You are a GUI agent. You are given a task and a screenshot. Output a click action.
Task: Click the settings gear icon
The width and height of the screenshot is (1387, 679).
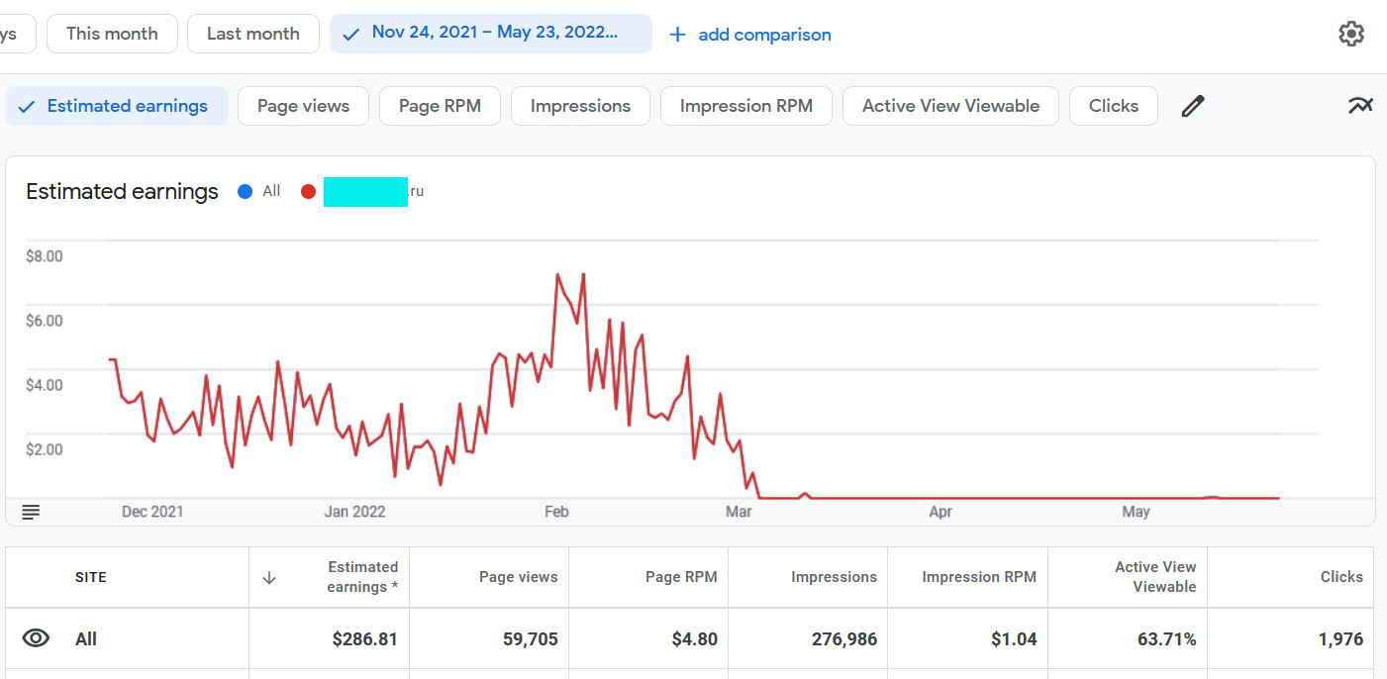tap(1351, 34)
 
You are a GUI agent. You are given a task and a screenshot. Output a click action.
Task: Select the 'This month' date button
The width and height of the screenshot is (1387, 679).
tap(112, 34)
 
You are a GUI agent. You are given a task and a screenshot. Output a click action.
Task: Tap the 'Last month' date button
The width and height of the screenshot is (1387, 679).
tap(252, 34)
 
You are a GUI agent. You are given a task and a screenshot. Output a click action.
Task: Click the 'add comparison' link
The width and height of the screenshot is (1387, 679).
tap(750, 35)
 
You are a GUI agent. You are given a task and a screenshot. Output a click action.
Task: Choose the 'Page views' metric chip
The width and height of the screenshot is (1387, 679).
tap(303, 106)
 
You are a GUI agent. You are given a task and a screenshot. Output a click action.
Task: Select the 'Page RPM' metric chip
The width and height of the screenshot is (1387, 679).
tap(440, 106)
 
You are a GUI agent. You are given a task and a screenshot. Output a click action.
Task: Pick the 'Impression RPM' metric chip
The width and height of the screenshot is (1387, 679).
tap(745, 106)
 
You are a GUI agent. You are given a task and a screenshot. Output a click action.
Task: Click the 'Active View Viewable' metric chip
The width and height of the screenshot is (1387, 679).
tap(950, 106)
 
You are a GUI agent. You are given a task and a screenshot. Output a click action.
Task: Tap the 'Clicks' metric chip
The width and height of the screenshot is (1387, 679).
tap(1113, 106)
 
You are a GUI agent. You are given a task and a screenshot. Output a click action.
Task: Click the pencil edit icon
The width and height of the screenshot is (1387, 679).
tap(1193, 106)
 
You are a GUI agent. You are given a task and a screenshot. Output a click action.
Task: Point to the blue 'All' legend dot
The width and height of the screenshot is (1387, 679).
tap(246, 191)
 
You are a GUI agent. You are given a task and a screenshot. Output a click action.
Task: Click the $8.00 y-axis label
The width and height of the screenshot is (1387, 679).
tap(45, 256)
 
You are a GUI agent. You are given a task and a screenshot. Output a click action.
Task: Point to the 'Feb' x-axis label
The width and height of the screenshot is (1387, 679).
tap(556, 512)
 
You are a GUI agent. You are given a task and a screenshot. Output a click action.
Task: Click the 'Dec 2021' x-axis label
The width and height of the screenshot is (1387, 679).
tap(152, 512)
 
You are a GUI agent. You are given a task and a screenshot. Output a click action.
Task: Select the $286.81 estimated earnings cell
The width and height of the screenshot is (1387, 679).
tap(364, 639)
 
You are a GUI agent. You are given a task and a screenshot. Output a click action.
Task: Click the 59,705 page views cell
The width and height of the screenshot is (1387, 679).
tap(530, 639)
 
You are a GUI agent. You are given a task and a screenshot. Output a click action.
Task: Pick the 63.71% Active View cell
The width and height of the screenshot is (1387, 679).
tap(1166, 639)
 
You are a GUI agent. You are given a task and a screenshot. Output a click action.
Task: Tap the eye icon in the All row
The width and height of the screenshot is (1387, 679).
tap(36, 638)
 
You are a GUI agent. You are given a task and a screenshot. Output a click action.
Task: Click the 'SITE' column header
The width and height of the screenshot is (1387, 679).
tap(91, 577)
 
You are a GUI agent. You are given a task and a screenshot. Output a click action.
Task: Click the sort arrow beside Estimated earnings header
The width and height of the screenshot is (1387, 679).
tap(269, 577)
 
